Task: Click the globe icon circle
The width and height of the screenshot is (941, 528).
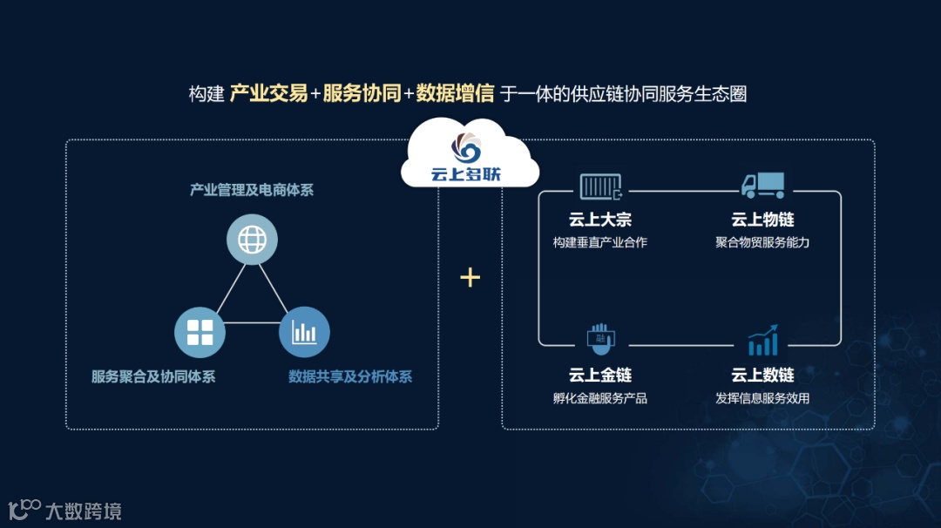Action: [x=252, y=240]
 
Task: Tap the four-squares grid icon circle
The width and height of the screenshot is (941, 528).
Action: [x=200, y=332]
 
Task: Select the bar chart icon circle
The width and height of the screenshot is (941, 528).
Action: [x=304, y=332]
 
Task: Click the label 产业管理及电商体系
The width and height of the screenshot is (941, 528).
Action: [x=252, y=189]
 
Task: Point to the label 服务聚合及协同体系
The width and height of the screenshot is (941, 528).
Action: [x=153, y=377]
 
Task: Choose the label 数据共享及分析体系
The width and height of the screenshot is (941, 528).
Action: [x=350, y=377]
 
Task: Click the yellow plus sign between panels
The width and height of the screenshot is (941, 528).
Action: [x=470, y=277]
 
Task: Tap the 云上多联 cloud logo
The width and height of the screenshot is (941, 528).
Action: [x=470, y=158]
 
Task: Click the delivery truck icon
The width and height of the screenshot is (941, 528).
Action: [x=762, y=186]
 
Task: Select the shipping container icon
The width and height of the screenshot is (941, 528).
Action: [x=600, y=186]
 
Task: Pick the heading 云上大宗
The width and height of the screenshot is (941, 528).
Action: [x=600, y=220]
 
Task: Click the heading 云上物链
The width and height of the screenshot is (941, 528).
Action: [x=762, y=220]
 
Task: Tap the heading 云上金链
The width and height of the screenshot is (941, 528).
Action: [x=600, y=376]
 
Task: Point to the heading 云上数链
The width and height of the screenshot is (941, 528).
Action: [x=762, y=376]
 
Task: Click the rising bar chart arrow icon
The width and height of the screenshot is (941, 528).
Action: [x=762, y=340]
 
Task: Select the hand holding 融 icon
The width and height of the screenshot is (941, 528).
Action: [x=600, y=341]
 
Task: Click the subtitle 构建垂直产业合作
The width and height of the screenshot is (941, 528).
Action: [x=600, y=242]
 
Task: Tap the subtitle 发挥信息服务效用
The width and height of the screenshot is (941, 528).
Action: [x=762, y=398]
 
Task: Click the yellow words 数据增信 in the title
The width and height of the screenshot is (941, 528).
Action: [x=455, y=93]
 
